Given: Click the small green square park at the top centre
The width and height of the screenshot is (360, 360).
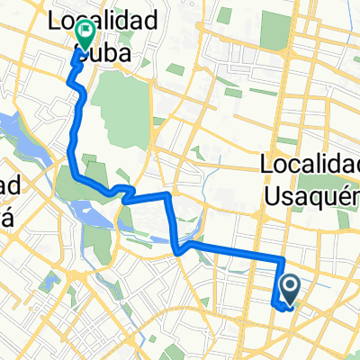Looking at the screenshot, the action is click(223, 16).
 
